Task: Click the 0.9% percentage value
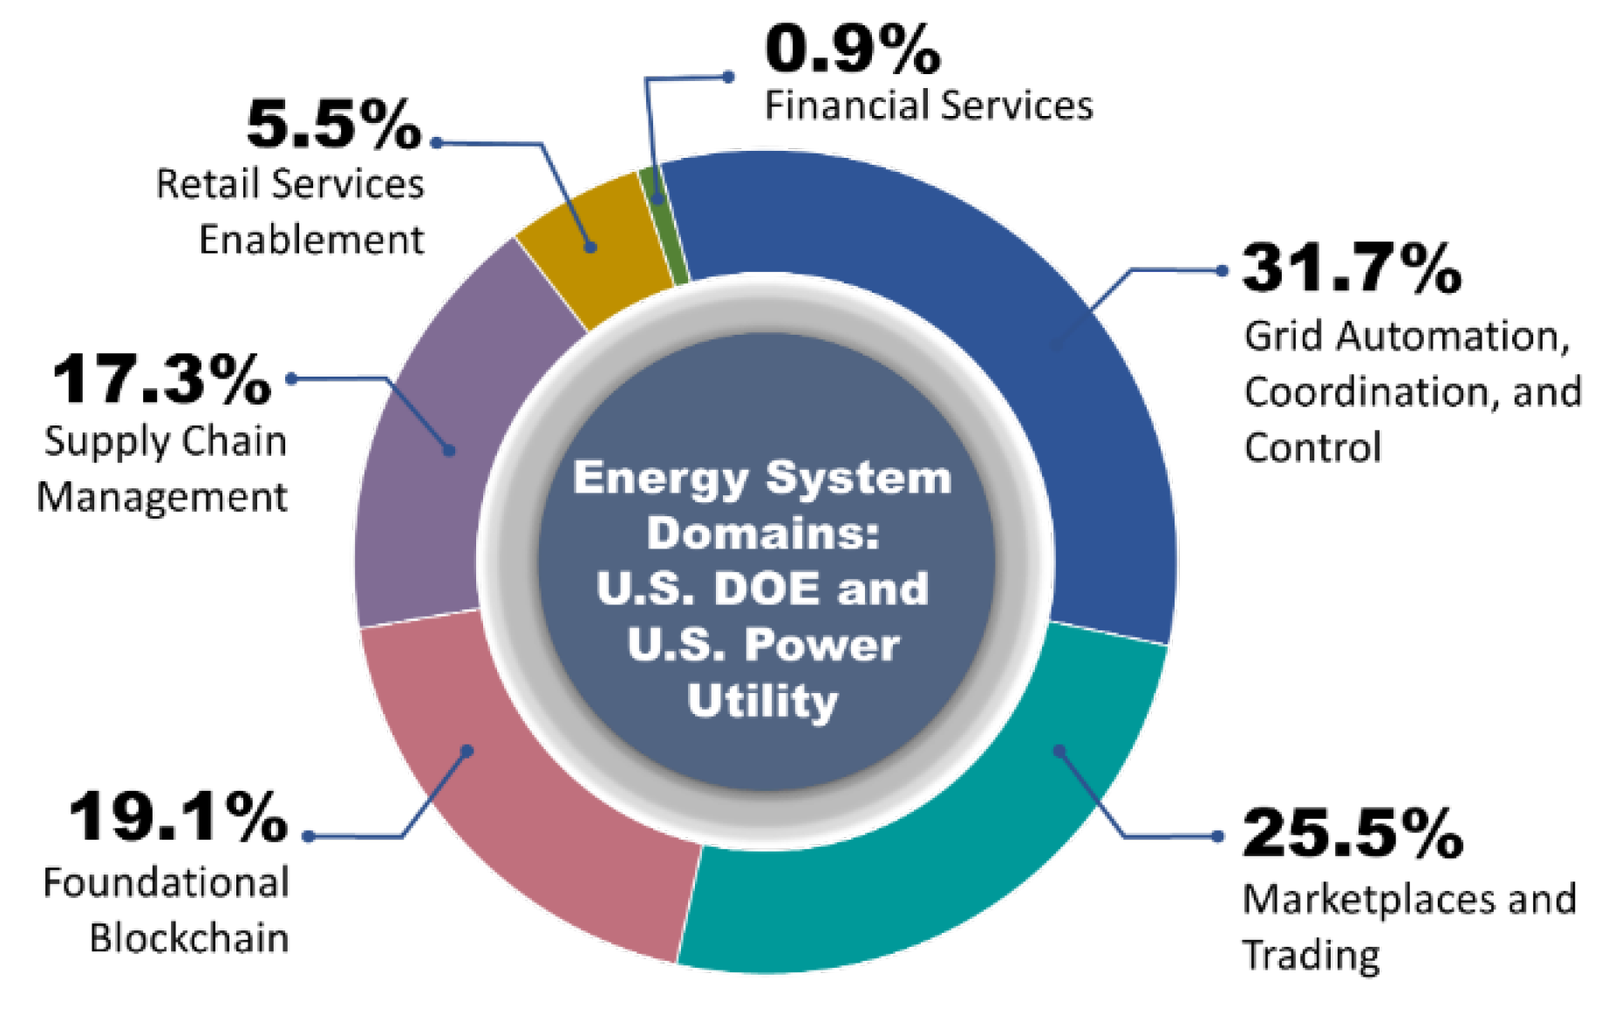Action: (x=853, y=50)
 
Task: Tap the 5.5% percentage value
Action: (x=334, y=125)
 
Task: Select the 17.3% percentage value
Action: (x=162, y=380)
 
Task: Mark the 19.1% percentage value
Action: (x=179, y=818)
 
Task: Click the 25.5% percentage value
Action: (x=1352, y=834)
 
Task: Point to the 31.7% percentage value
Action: (x=1352, y=268)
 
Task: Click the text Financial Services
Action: (x=929, y=106)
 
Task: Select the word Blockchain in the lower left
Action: (x=189, y=939)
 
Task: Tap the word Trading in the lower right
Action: (x=1311, y=956)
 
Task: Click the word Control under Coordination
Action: (x=1312, y=448)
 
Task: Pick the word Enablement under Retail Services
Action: (x=311, y=240)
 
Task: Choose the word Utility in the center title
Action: (x=763, y=701)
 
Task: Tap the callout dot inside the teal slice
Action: (x=1059, y=751)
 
